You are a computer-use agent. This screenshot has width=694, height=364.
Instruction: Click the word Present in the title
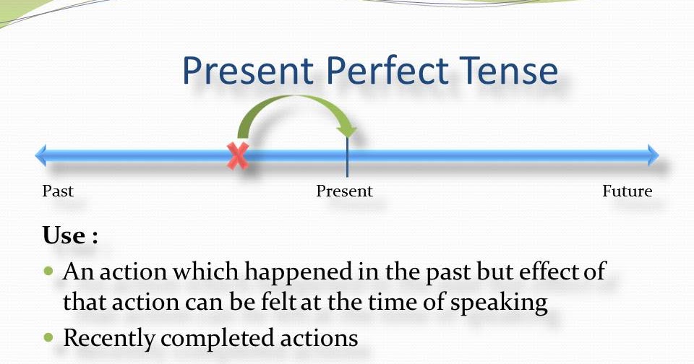click(247, 72)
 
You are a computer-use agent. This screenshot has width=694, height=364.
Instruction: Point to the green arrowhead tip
click(349, 134)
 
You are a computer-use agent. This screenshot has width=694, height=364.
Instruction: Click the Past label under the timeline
click(58, 191)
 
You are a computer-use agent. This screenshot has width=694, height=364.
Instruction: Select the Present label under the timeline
click(344, 191)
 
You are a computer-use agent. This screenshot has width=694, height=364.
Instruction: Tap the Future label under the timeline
click(627, 191)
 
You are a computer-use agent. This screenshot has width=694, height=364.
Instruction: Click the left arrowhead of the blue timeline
click(40, 155)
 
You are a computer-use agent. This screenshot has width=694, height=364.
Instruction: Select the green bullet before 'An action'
click(49, 272)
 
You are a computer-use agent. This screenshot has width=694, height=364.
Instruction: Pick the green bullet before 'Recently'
click(49, 337)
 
